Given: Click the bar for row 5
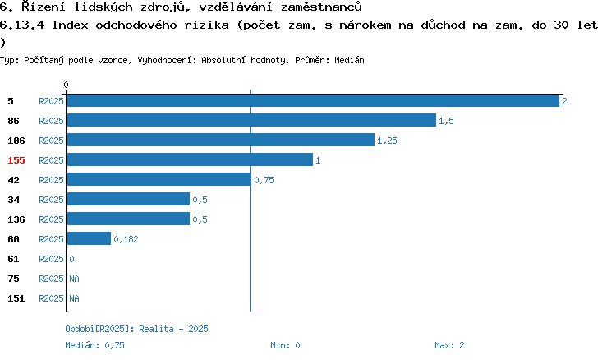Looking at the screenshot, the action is [x=313, y=101].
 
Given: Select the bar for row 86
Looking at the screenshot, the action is [x=252, y=120].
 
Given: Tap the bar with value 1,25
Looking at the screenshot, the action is [x=221, y=140].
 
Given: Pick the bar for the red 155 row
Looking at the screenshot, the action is [x=191, y=159].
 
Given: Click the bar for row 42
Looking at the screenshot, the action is [x=159, y=179].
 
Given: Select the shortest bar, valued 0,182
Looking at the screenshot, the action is [x=90, y=238].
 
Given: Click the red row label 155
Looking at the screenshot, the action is [x=16, y=160].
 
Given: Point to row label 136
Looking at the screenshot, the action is [x=16, y=219].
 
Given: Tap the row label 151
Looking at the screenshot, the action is [x=16, y=298].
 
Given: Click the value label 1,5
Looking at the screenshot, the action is [x=446, y=121].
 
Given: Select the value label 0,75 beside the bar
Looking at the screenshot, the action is [x=264, y=180].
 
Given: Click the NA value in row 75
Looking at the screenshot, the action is [x=74, y=279].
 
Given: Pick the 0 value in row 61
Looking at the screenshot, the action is [x=72, y=259].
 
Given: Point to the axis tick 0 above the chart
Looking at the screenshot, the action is [x=66, y=85].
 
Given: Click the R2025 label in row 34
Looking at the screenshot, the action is [x=51, y=200].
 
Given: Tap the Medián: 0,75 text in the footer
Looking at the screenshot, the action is [x=94, y=345].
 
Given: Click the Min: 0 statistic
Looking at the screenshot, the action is [x=285, y=345].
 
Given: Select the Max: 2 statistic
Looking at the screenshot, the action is [x=449, y=345].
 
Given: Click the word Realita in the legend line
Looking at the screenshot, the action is [x=156, y=329].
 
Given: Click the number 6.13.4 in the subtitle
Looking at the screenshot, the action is [x=22, y=25].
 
